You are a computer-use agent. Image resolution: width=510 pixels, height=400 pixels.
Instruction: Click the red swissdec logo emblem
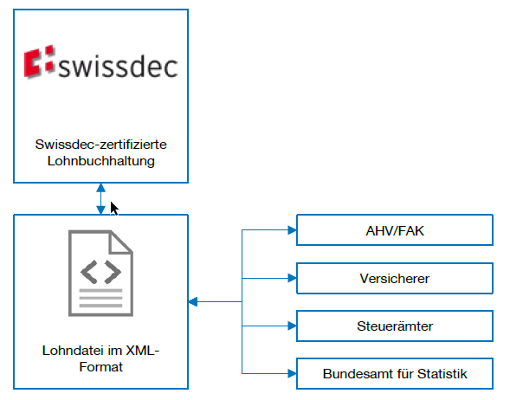pyautogui.click(x=39, y=61)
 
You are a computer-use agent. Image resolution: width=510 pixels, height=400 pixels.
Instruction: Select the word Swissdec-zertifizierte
pyautogui.click(x=100, y=145)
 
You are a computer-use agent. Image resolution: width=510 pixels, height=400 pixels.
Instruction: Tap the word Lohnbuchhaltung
pyautogui.click(x=100, y=161)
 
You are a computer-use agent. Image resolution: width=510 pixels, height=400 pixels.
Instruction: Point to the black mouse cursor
pyautogui.click(x=114, y=209)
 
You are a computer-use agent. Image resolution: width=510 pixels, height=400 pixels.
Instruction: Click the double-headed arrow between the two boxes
pyautogui.click(x=100, y=198)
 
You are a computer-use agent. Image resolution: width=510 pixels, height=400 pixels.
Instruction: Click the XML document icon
pyautogui.click(x=100, y=274)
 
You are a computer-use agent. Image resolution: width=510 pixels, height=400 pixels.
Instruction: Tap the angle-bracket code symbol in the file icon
pyautogui.click(x=100, y=272)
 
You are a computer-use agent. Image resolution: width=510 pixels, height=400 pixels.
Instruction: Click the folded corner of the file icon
pyautogui.click(x=121, y=242)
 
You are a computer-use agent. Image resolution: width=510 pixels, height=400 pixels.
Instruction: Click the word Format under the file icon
pyautogui.click(x=100, y=367)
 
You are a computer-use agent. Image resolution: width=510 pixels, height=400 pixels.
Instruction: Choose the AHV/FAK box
pyautogui.click(x=395, y=230)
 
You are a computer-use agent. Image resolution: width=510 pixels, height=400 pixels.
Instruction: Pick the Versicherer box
pyautogui.click(x=395, y=279)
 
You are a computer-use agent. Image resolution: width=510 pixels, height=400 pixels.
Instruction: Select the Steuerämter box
pyautogui.click(x=395, y=326)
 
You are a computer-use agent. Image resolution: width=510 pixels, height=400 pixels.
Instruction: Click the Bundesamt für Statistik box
pyautogui.click(x=395, y=374)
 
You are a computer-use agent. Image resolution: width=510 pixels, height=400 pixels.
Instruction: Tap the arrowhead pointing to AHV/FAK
pyautogui.click(x=292, y=230)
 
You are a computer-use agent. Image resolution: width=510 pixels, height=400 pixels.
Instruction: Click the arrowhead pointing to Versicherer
pyautogui.click(x=292, y=279)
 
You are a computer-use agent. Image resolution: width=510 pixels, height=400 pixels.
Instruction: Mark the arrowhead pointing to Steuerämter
pyautogui.click(x=292, y=326)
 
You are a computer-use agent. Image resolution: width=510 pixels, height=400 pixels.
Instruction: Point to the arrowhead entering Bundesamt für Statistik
pyautogui.click(x=292, y=374)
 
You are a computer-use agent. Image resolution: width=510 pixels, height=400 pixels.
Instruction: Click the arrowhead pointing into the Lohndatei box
pyautogui.click(x=193, y=302)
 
